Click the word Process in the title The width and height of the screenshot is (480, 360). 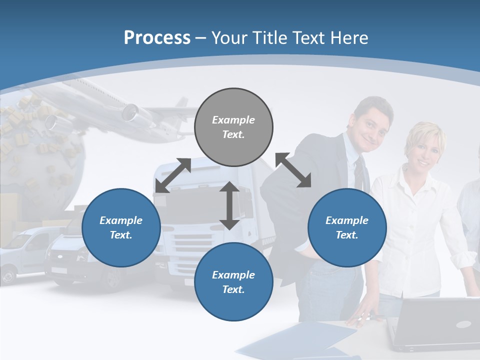157,38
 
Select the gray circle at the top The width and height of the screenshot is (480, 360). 233,127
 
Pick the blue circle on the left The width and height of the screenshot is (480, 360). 121,227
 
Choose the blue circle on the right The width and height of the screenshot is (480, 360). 347,227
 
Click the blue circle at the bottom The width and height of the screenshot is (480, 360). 233,282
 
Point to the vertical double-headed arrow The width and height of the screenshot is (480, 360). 229,205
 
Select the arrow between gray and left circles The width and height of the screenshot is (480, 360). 173,175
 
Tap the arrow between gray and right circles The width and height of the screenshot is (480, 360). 293,170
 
